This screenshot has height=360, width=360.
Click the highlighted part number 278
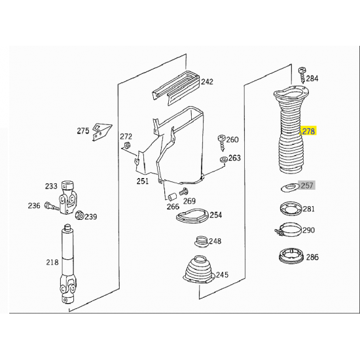(308, 132)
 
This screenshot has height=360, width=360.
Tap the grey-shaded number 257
(307, 185)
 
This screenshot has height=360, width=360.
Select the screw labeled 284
(302, 75)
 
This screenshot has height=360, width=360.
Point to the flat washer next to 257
(290, 187)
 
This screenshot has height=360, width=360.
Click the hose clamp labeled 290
(289, 229)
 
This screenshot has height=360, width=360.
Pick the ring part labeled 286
(291, 255)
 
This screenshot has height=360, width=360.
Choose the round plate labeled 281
(291, 209)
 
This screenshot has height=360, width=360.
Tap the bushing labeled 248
(202, 242)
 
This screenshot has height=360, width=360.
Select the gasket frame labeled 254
(192, 215)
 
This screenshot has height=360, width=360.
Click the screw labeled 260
(222, 143)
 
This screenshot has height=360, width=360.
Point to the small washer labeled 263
(223, 159)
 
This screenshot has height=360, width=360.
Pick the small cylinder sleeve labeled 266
(171, 197)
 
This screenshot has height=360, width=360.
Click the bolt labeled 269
(183, 192)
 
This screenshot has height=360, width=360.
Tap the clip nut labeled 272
(127, 145)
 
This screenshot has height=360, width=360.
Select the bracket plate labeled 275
(101, 132)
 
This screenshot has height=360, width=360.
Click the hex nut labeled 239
(80, 215)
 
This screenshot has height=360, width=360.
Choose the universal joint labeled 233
(67, 197)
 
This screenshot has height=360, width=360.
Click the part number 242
(207, 82)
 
